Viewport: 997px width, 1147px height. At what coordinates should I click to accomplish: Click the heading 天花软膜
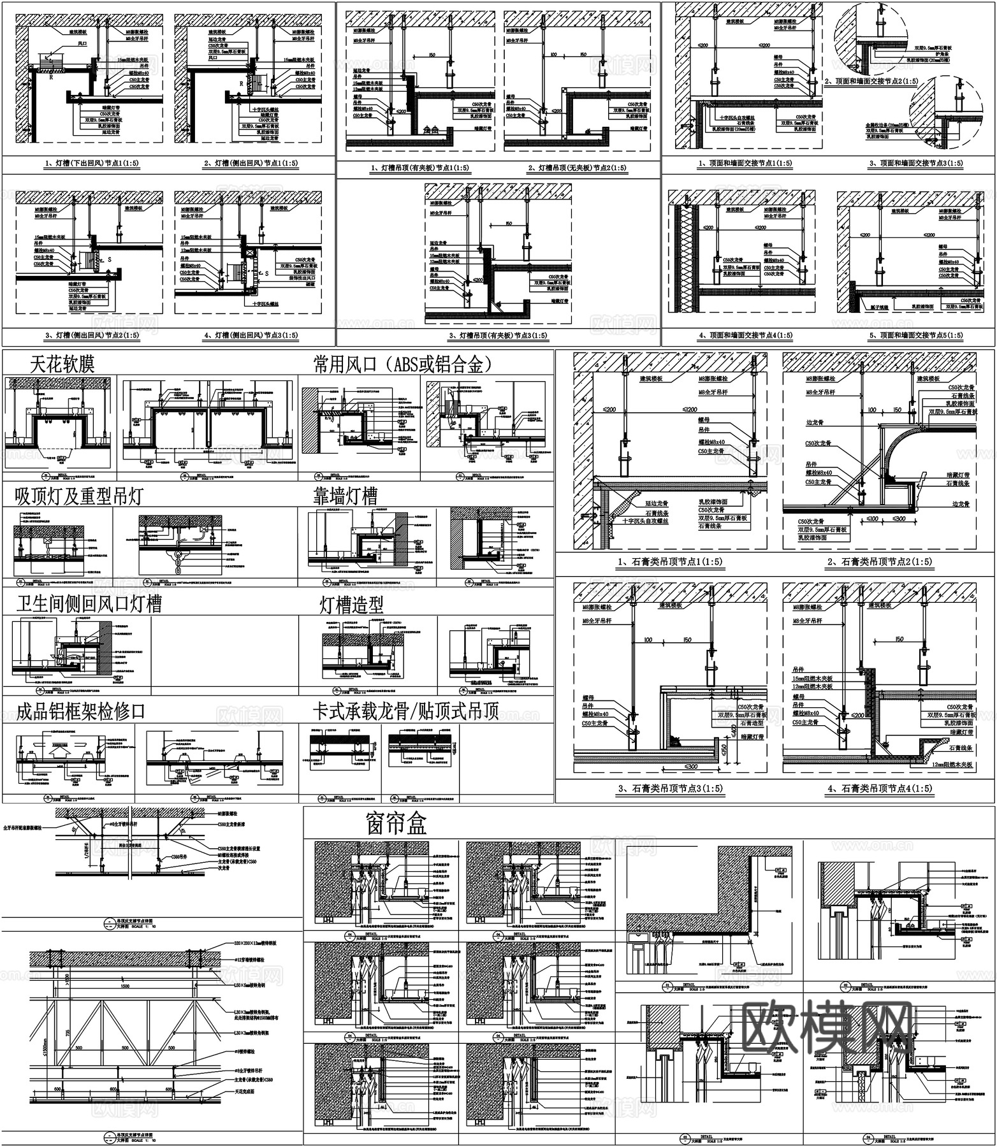point(62,364)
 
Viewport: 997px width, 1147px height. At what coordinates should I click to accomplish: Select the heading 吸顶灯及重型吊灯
point(80,496)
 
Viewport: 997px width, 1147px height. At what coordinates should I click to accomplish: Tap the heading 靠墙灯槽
point(345,496)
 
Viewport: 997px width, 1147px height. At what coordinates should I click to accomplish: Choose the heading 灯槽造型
point(352,605)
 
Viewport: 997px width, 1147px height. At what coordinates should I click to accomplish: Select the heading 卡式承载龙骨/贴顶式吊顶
point(405,711)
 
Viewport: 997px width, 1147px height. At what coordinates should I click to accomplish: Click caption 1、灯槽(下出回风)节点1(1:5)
point(92,164)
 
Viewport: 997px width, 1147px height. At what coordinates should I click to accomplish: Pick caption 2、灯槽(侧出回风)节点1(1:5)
point(251,164)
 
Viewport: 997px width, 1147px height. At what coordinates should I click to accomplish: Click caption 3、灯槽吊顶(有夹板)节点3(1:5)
point(498,336)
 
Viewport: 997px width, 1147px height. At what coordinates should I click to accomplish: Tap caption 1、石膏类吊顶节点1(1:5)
point(671,561)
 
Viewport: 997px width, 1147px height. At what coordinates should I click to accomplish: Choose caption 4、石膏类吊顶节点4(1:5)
point(879,789)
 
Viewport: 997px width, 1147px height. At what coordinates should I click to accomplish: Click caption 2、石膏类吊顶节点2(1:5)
point(879,561)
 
